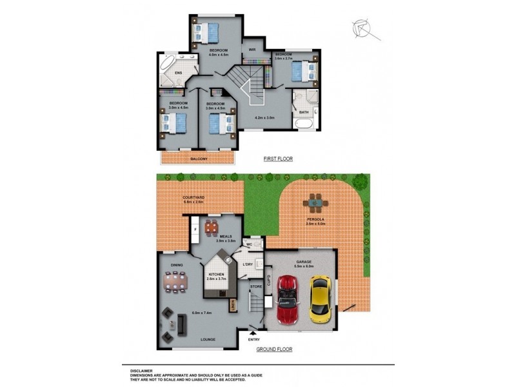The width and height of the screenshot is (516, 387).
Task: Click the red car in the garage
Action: click(288, 301)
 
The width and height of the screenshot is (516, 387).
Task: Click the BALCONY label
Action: click(199, 159)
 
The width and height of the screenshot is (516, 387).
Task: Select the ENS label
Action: click(179, 74)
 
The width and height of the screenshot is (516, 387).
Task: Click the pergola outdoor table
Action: click(315, 203)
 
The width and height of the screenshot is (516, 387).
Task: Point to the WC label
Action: click(248, 245)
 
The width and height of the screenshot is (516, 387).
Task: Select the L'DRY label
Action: click(247, 264)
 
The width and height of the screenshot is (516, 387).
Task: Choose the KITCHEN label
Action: click(216, 275)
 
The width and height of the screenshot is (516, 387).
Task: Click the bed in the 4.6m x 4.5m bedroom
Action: click(208, 30)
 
